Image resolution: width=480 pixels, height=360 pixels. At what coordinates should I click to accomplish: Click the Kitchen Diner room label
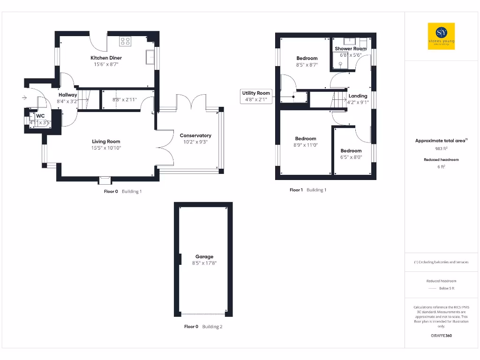pyautogui.click(x=106, y=58)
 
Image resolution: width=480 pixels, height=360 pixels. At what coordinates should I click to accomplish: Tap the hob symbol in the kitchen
pyautogui.click(x=125, y=41)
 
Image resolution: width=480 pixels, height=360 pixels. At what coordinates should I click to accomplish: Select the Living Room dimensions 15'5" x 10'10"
pyautogui.click(x=106, y=148)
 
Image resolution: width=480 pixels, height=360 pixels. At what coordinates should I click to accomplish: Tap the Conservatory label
pyautogui.click(x=195, y=135)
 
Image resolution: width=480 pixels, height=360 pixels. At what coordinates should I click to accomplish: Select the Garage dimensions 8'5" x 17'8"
pyautogui.click(x=204, y=263)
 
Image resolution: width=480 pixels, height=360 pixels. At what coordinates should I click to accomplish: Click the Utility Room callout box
pyautogui.click(x=256, y=96)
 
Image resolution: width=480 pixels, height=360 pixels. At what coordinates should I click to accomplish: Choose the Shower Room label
pyautogui.click(x=350, y=49)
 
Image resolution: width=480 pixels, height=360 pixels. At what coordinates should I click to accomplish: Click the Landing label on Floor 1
pyautogui.click(x=358, y=96)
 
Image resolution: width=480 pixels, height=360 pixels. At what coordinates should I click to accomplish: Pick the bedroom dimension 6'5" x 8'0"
pyautogui.click(x=351, y=157)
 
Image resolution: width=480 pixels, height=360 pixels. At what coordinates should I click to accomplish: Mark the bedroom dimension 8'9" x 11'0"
pyautogui.click(x=306, y=145)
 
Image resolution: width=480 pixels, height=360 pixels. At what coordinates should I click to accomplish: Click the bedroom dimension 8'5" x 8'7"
pyautogui.click(x=307, y=65)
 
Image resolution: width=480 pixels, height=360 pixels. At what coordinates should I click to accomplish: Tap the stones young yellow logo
pyautogui.click(x=442, y=37)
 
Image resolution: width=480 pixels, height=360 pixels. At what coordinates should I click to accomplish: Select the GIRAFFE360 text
pyautogui.click(x=441, y=336)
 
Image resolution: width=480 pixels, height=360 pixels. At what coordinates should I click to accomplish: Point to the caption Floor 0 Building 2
pyautogui.click(x=203, y=327)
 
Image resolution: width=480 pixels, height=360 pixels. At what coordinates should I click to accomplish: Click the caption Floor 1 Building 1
pyautogui.click(x=308, y=190)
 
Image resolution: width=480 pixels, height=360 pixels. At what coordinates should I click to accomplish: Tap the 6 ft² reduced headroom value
pyautogui.click(x=441, y=166)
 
